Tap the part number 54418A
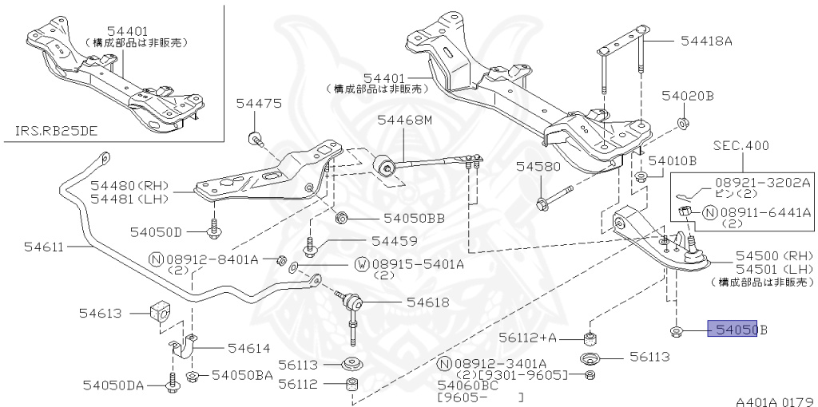point(706,41)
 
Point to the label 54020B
point(687,97)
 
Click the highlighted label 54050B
point(737,329)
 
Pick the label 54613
point(101,314)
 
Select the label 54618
point(427,302)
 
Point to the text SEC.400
point(741,146)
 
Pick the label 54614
point(248,348)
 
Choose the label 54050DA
point(113,386)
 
